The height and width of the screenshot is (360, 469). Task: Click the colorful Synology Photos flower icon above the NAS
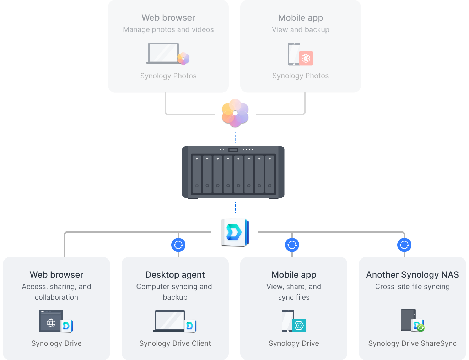235,113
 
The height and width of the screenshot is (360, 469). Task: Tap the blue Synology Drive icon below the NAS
234,232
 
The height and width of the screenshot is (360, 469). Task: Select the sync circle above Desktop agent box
178,245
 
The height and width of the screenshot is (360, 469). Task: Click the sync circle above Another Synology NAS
404,245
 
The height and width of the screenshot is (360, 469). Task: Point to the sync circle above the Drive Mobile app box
292,245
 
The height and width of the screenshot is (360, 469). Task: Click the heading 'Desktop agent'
175,275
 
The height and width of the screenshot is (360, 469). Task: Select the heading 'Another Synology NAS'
412,275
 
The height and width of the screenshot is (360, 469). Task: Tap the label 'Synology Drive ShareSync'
412,343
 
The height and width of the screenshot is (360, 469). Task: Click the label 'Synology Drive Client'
175,343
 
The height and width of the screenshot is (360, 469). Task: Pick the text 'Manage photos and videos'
168,30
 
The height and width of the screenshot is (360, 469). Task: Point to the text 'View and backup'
300,30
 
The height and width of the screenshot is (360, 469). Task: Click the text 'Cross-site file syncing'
412,287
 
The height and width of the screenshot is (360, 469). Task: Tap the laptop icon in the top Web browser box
163,54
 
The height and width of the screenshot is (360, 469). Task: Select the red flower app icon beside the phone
306,58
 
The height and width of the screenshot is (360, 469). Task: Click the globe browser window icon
51,321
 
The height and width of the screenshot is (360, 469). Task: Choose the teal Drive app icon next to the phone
299,325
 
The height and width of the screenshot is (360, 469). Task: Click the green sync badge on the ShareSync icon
421,328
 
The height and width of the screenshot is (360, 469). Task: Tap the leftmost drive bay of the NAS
197,174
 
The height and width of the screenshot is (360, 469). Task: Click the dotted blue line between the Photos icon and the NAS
235,138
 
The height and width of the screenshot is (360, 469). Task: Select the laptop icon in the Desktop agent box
170,321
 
